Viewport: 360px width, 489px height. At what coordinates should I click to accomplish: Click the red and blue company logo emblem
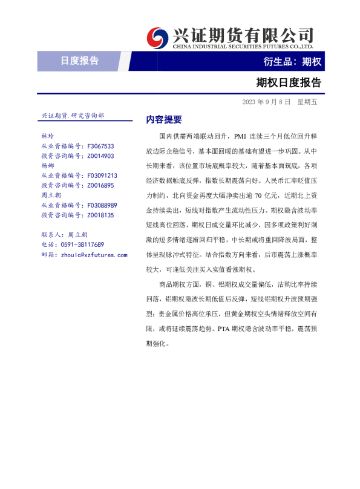point(159,38)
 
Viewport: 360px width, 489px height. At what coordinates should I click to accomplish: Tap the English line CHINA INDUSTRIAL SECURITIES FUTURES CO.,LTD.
point(243,46)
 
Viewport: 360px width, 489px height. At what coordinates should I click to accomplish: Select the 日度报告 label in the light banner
point(79,61)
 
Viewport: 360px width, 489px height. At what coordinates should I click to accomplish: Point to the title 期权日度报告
point(288,82)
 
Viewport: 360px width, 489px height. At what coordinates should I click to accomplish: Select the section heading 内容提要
point(164,119)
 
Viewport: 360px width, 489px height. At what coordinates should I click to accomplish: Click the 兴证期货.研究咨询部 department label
point(73,115)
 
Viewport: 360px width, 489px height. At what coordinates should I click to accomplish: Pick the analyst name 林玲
point(48,137)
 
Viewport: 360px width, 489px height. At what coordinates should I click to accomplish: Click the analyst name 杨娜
point(48,166)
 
